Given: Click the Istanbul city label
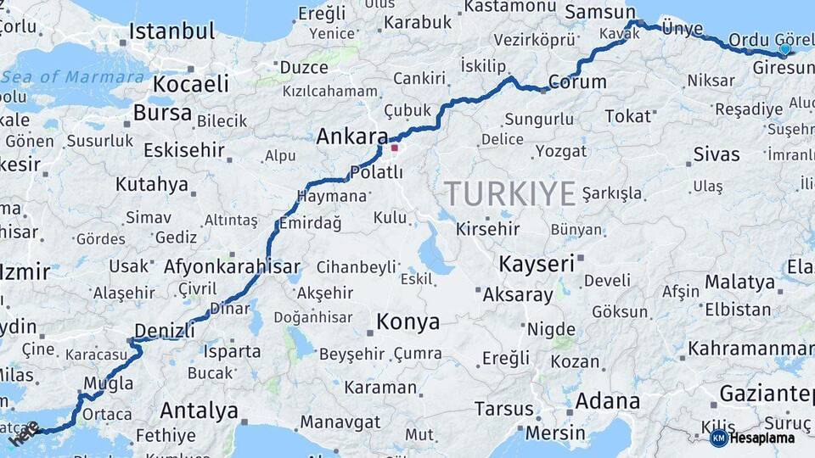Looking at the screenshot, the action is click(172, 32).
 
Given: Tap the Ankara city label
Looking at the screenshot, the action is click(351, 136).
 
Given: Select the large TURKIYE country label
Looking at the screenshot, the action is click(510, 194).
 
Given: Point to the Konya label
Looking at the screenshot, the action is click(408, 321).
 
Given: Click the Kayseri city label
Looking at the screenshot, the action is click(537, 264).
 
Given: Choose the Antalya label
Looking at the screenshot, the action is click(200, 411).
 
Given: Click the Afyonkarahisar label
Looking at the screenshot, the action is click(233, 266).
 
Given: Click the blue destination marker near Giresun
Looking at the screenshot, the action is click(784, 49).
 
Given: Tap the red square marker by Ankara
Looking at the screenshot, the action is click(394, 148).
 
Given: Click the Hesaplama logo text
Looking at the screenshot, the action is click(762, 438).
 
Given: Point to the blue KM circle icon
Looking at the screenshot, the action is click(718, 438).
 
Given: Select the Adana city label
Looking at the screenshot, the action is click(607, 400).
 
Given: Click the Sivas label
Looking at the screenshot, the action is click(717, 154).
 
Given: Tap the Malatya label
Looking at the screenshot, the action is click(737, 281).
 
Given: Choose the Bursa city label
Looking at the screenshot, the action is click(163, 113).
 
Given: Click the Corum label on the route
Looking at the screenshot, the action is click(577, 81).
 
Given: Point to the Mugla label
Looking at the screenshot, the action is click(108, 383).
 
